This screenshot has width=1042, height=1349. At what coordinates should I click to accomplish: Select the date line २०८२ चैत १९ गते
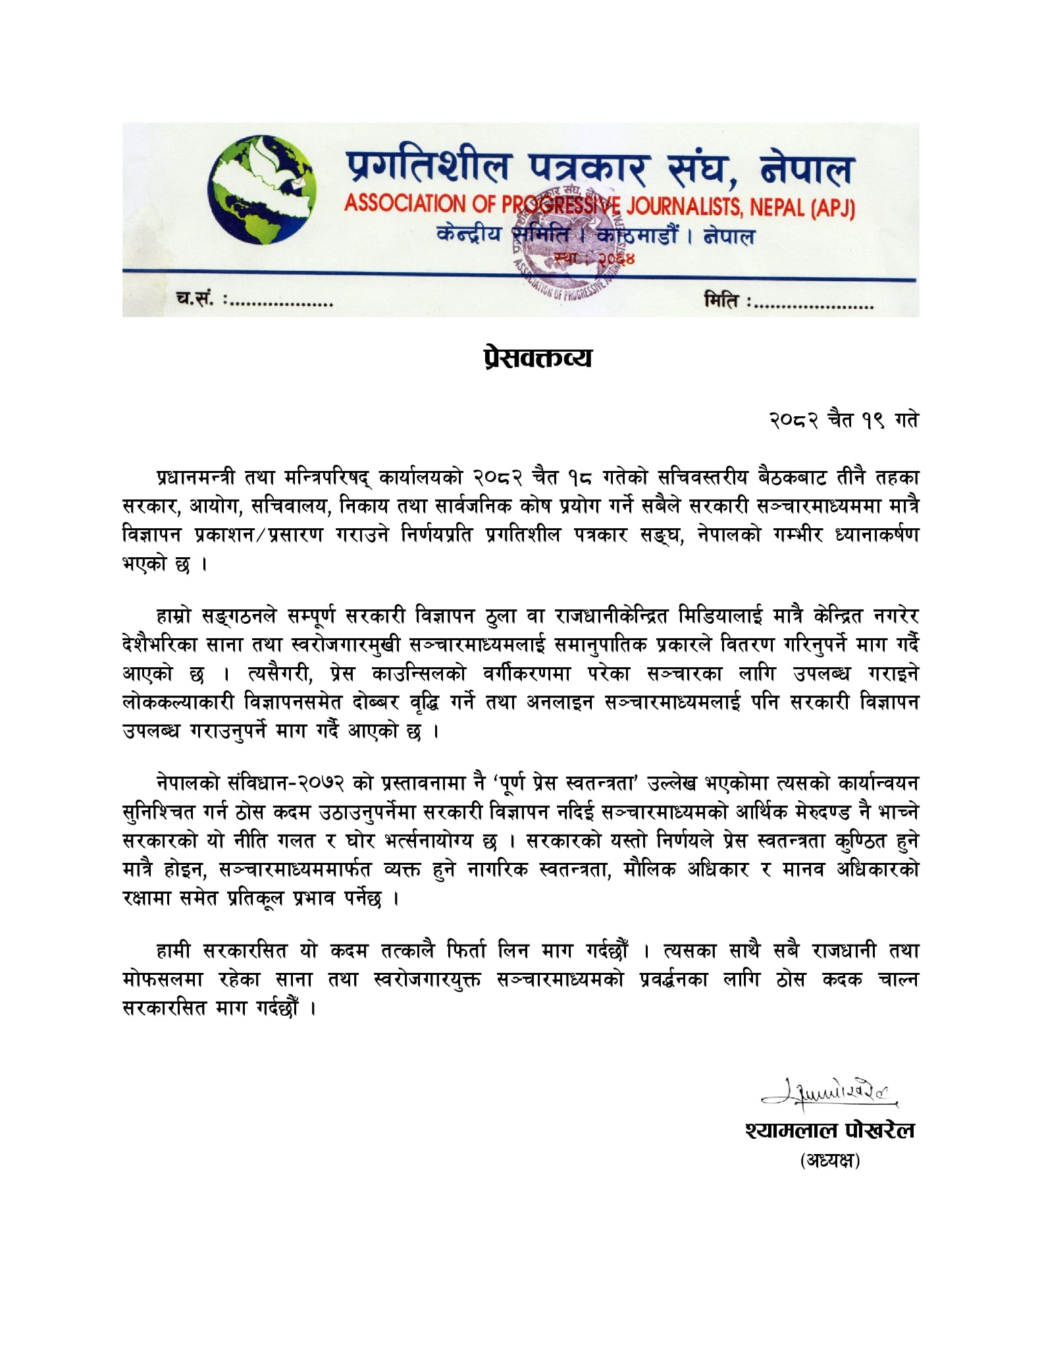(843, 420)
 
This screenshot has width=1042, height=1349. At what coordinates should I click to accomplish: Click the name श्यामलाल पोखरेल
(830, 1130)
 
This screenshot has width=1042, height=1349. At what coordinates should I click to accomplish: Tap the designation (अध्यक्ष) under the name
(830, 1161)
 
